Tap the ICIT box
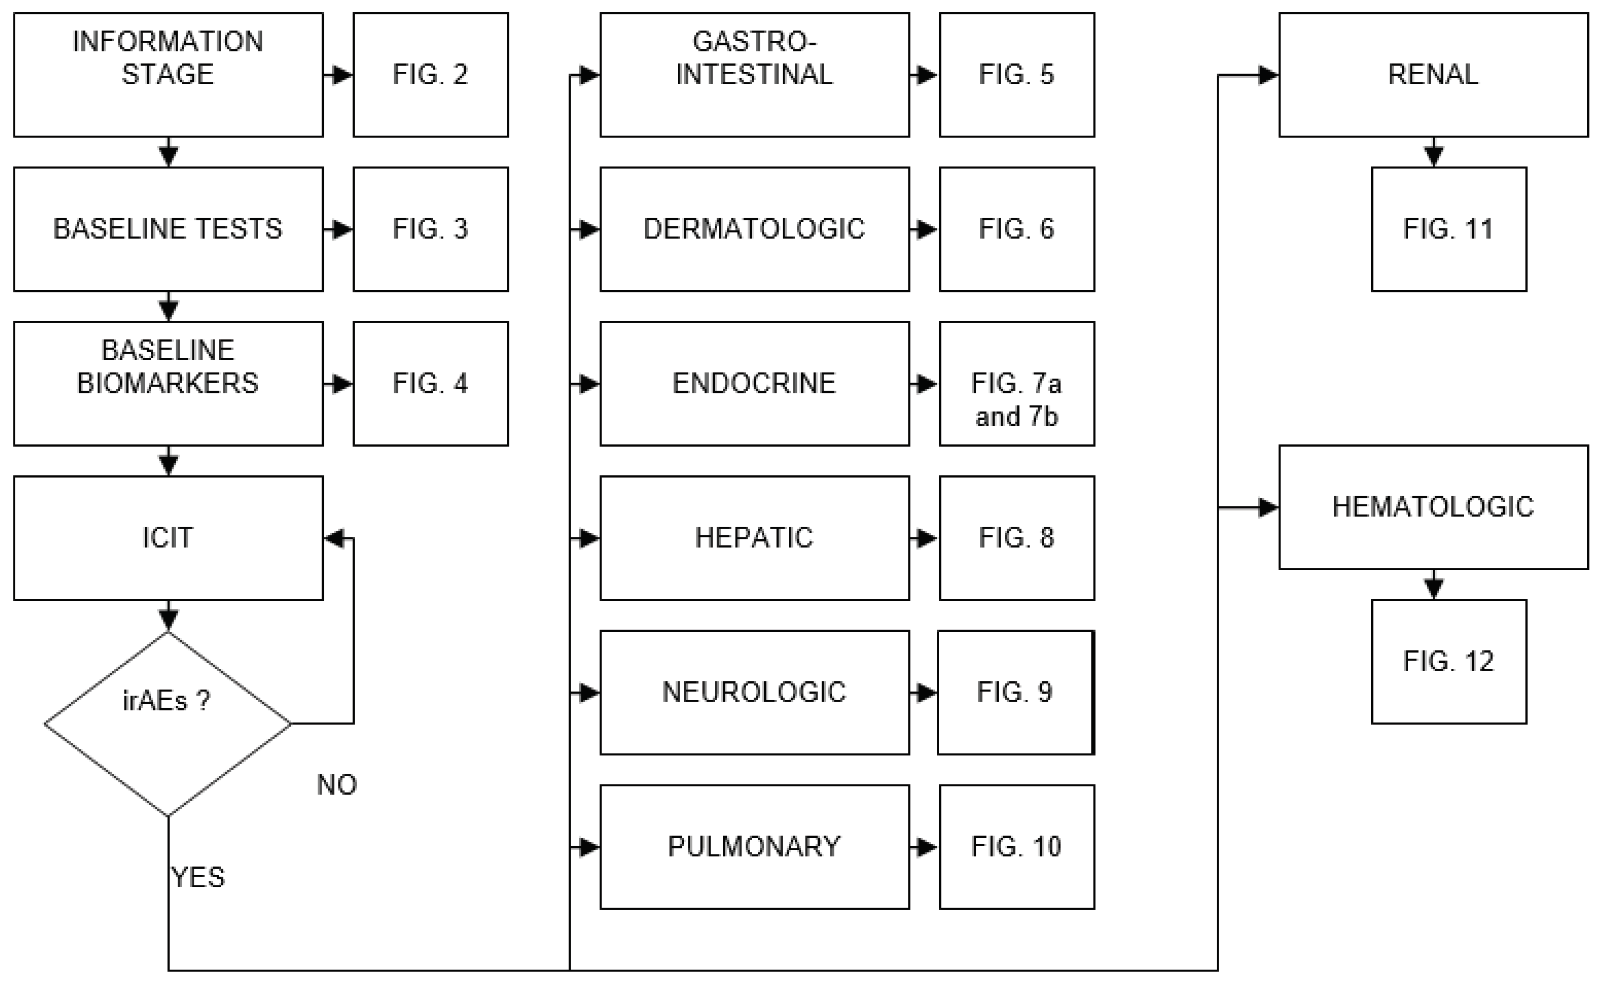click(168, 537)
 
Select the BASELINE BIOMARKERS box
click(168, 383)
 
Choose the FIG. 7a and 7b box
click(1016, 383)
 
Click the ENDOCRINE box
click(754, 383)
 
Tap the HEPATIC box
click(754, 537)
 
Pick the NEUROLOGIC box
click(754, 692)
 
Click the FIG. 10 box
click(1016, 847)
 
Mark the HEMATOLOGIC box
click(1433, 507)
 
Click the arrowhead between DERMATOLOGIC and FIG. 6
click(926, 229)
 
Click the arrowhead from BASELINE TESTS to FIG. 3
click(341, 229)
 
